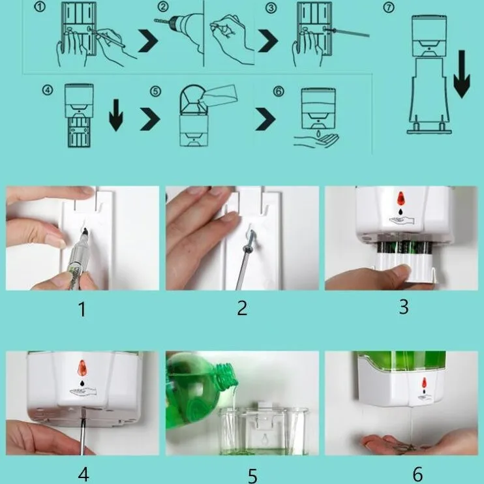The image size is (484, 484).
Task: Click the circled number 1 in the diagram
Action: click(40, 7)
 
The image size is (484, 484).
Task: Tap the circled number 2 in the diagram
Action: click(163, 7)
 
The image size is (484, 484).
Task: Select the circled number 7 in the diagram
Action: click(389, 7)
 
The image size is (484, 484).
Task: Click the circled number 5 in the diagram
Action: click(155, 91)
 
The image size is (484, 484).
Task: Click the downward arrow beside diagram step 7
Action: click(462, 74)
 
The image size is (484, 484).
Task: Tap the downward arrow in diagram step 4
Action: click(115, 115)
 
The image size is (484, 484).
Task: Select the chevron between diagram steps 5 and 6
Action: click(265, 119)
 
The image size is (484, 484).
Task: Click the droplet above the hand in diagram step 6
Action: click(318, 133)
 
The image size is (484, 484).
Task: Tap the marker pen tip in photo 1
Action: click(85, 230)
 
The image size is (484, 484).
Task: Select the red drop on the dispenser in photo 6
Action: click(425, 383)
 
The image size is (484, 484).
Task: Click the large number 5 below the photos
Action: click(252, 476)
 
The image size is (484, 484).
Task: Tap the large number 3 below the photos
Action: click(404, 307)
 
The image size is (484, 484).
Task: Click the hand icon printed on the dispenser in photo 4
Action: click(83, 391)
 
